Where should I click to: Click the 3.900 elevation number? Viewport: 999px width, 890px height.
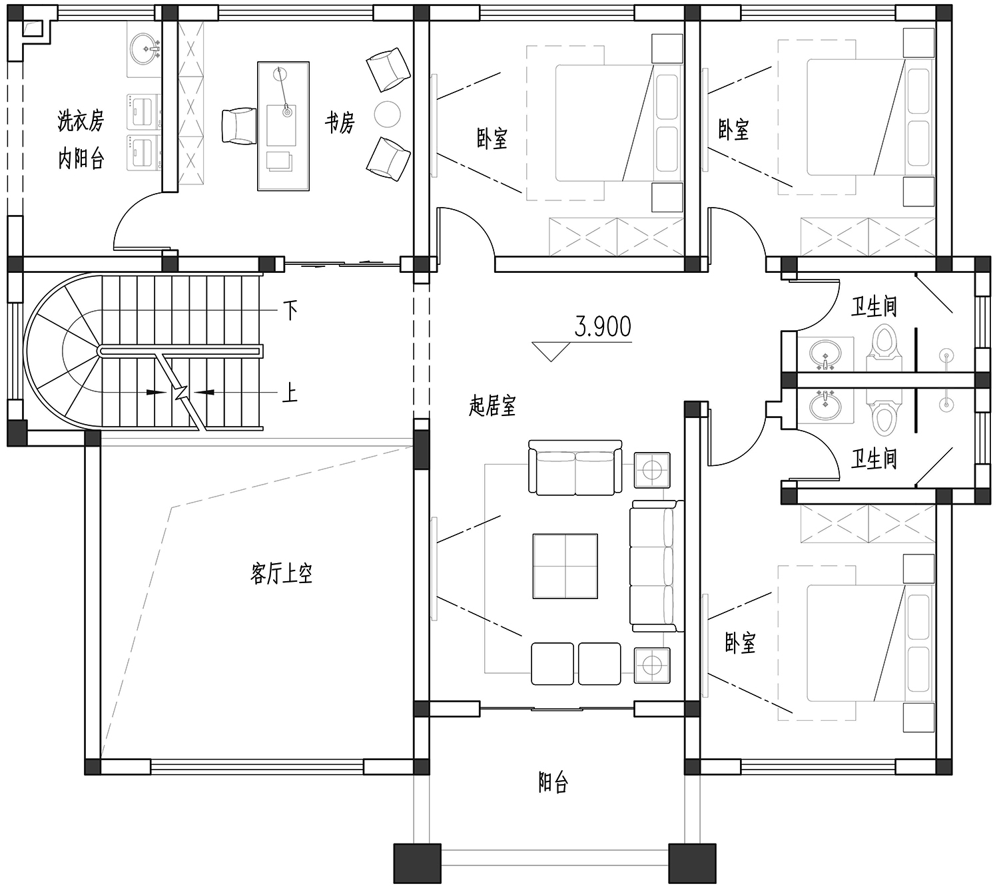(603, 326)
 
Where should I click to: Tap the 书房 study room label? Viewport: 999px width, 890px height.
(340, 122)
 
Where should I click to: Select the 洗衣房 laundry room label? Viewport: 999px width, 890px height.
(81, 120)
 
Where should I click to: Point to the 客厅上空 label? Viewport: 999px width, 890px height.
(281, 573)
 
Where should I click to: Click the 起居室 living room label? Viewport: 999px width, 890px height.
(492, 407)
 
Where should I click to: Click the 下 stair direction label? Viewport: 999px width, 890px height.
(290, 310)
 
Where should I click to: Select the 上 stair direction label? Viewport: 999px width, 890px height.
(290, 394)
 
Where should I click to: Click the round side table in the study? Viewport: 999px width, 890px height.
(387, 114)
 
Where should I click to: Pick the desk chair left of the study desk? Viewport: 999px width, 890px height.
(239, 126)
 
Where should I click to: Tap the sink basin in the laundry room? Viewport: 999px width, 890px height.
(145, 49)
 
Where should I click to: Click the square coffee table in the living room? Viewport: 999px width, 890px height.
(565, 566)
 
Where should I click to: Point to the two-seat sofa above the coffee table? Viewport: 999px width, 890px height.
(575, 467)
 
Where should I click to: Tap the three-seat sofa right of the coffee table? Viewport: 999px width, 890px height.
(656, 566)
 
